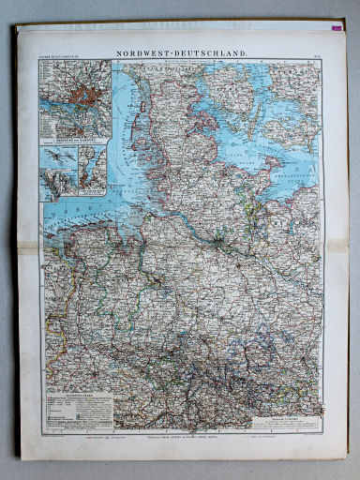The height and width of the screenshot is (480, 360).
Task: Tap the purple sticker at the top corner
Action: tap(337, 30)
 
